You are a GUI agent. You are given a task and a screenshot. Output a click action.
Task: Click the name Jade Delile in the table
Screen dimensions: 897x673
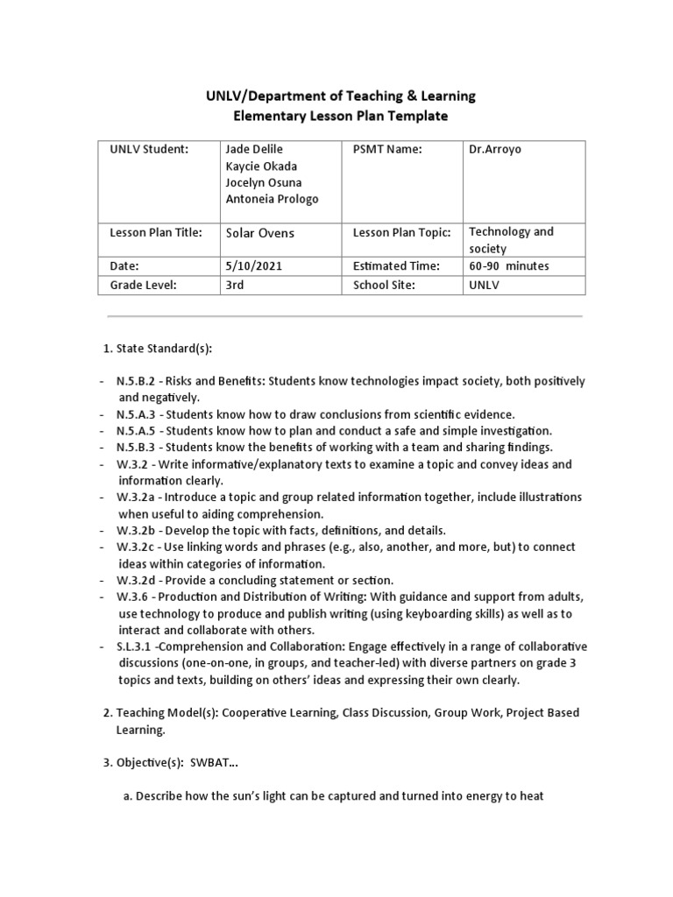(x=254, y=150)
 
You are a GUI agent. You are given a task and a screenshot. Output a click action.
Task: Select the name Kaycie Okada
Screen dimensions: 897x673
(x=261, y=166)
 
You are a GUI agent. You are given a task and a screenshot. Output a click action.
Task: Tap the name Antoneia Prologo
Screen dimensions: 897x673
(x=272, y=199)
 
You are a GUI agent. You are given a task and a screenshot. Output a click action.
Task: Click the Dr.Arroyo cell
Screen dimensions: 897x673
(x=495, y=150)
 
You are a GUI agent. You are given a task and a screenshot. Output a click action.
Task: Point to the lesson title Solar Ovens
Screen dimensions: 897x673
(x=260, y=233)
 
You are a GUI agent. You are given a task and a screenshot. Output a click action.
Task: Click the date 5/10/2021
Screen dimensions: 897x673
(x=252, y=265)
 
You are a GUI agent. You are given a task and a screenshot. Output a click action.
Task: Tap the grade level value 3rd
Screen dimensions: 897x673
(x=235, y=285)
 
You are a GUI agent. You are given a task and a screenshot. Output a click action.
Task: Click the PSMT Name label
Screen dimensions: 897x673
(x=387, y=150)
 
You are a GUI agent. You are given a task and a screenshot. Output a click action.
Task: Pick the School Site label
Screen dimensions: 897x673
(x=383, y=285)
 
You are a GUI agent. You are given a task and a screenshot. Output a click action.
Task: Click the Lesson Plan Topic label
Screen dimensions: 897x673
(x=401, y=233)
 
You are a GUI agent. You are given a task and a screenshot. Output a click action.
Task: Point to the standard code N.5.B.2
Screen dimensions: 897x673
(x=137, y=381)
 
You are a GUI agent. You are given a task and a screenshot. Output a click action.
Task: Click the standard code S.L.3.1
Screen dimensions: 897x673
(x=138, y=646)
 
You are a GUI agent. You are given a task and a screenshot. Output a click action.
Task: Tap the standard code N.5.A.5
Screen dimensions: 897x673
(x=137, y=431)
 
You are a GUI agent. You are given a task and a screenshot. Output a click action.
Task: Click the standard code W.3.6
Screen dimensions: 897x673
(x=135, y=597)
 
